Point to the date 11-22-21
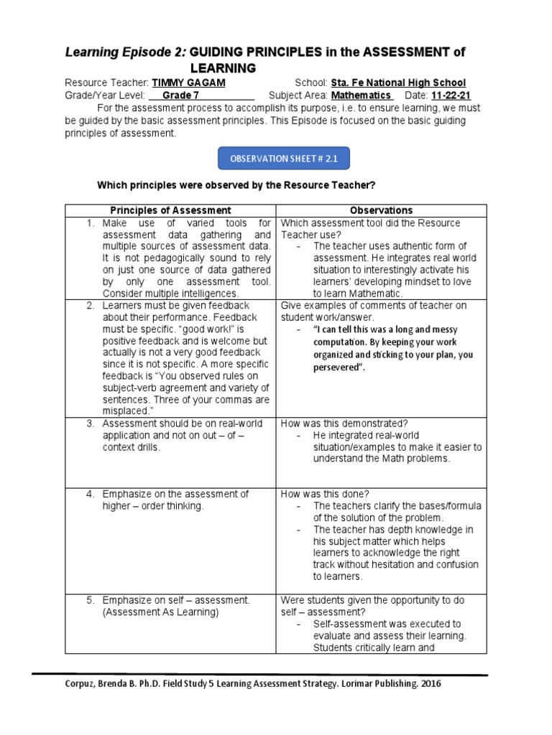tap(451, 95)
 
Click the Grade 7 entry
tap(181, 95)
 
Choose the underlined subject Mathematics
tap(361, 95)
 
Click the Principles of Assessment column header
tap(170, 210)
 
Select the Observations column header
tap(381, 210)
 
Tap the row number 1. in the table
tap(91, 223)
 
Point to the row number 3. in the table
tap(91, 423)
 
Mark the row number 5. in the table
tap(91, 600)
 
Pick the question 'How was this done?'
tap(324, 494)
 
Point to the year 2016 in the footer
tap(428, 684)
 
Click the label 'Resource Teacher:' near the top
tap(107, 83)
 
